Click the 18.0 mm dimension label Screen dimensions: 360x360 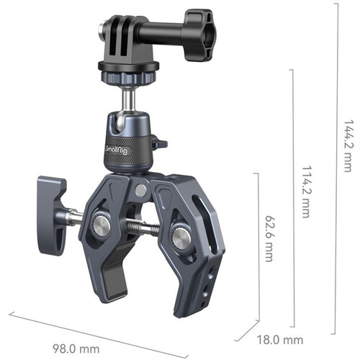282,338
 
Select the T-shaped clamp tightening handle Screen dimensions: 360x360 52,202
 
